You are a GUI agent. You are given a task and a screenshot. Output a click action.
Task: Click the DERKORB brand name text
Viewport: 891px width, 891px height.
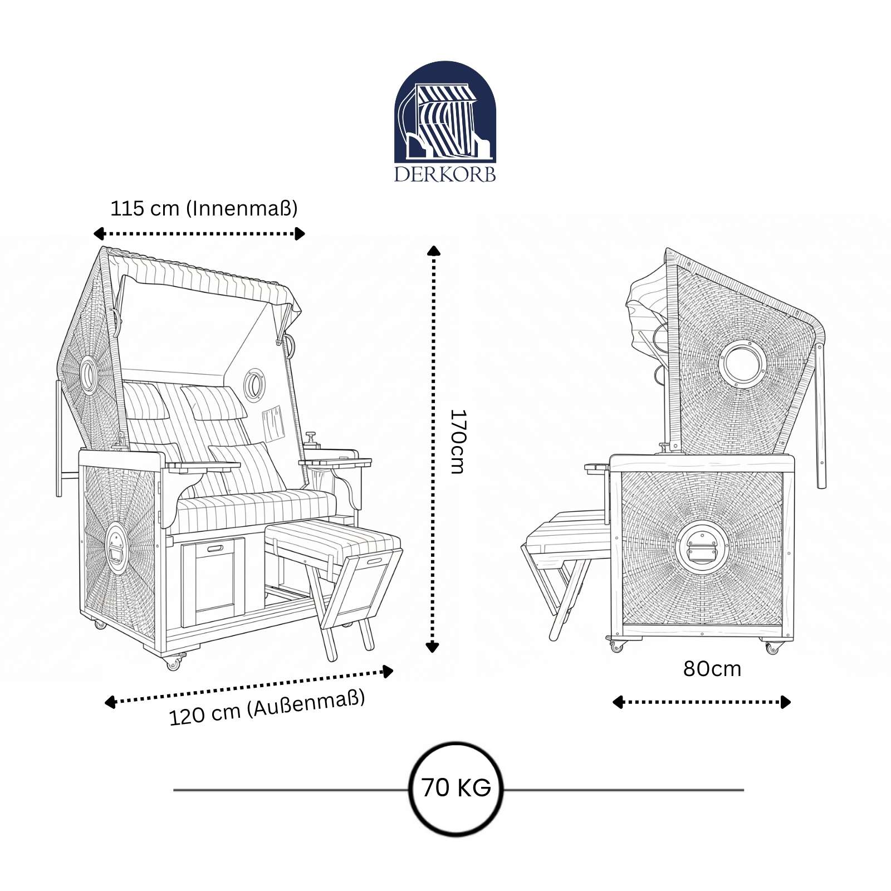pyautogui.click(x=445, y=174)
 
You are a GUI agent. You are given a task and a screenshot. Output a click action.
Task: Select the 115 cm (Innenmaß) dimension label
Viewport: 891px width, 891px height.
pyautogui.click(x=204, y=208)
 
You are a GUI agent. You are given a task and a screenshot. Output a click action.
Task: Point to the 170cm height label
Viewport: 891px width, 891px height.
pyautogui.click(x=457, y=442)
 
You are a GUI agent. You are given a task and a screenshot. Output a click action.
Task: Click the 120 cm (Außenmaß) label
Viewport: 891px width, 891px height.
pyautogui.click(x=267, y=708)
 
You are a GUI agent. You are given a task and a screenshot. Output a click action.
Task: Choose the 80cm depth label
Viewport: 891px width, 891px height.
pyautogui.click(x=712, y=669)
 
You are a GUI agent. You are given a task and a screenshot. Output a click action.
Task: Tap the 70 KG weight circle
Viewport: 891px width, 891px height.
pyautogui.click(x=456, y=789)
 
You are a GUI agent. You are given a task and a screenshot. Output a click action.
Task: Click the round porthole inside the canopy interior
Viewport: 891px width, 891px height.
pyautogui.click(x=254, y=383)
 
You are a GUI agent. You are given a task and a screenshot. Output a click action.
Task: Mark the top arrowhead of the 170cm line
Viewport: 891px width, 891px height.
pyautogui.click(x=433, y=250)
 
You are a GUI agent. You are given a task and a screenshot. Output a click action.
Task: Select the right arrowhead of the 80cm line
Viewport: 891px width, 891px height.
pyautogui.click(x=786, y=702)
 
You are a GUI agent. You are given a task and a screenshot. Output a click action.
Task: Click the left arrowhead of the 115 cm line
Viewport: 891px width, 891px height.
pyautogui.click(x=99, y=233)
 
